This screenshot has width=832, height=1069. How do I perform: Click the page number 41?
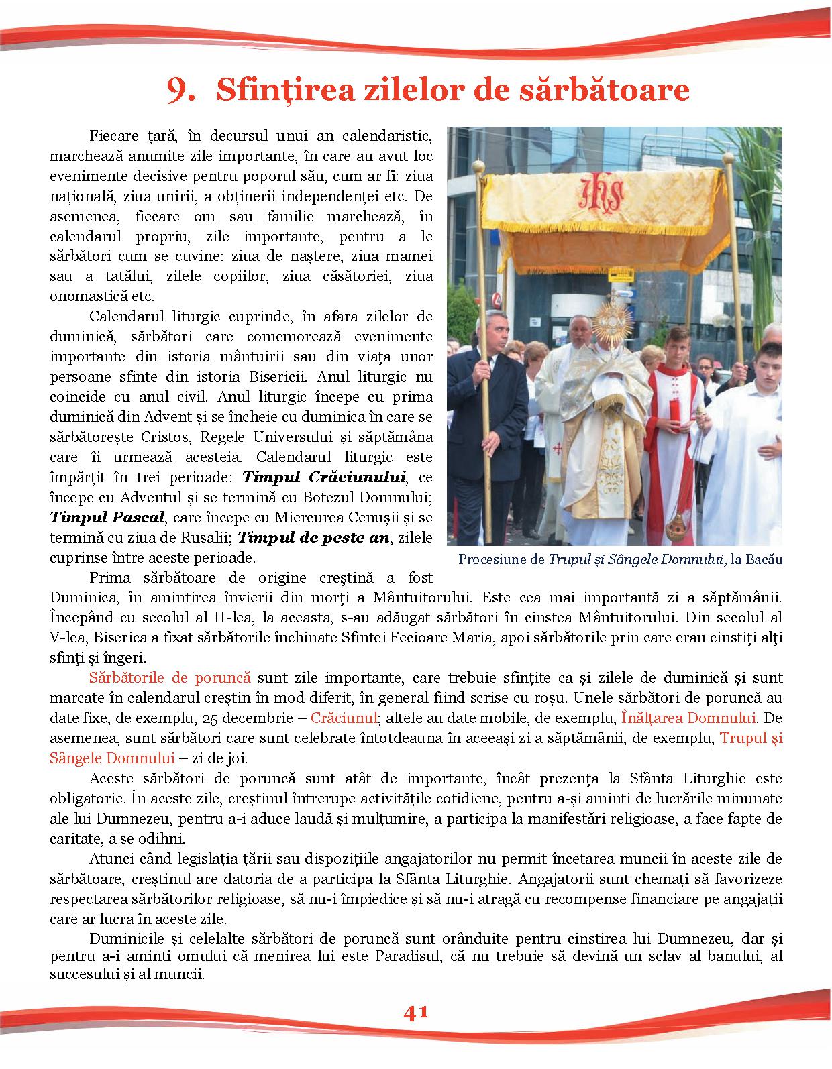point(416,1012)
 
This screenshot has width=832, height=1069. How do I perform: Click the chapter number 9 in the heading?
point(179,91)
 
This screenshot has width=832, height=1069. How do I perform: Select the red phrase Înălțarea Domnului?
point(688,718)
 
